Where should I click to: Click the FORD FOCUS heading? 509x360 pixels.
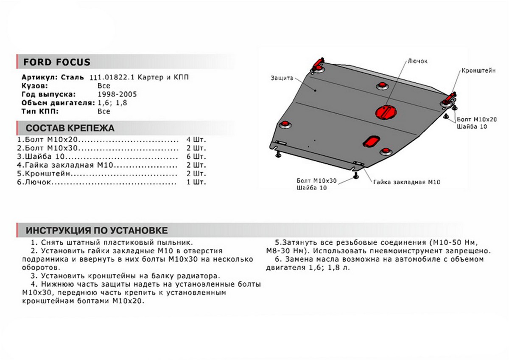coord(56,62)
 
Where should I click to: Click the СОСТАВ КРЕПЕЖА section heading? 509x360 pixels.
coord(70,128)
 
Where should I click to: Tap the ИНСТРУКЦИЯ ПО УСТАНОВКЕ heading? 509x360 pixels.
coord(97,231)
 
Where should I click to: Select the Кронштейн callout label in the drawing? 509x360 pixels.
coord(478,71)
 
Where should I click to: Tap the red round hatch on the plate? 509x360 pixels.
coord(385,112)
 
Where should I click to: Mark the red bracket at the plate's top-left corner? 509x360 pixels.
coord(319,63)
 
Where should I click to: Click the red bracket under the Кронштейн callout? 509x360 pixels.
coord(450,97)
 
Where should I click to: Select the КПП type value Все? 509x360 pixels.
coord(103,111)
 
